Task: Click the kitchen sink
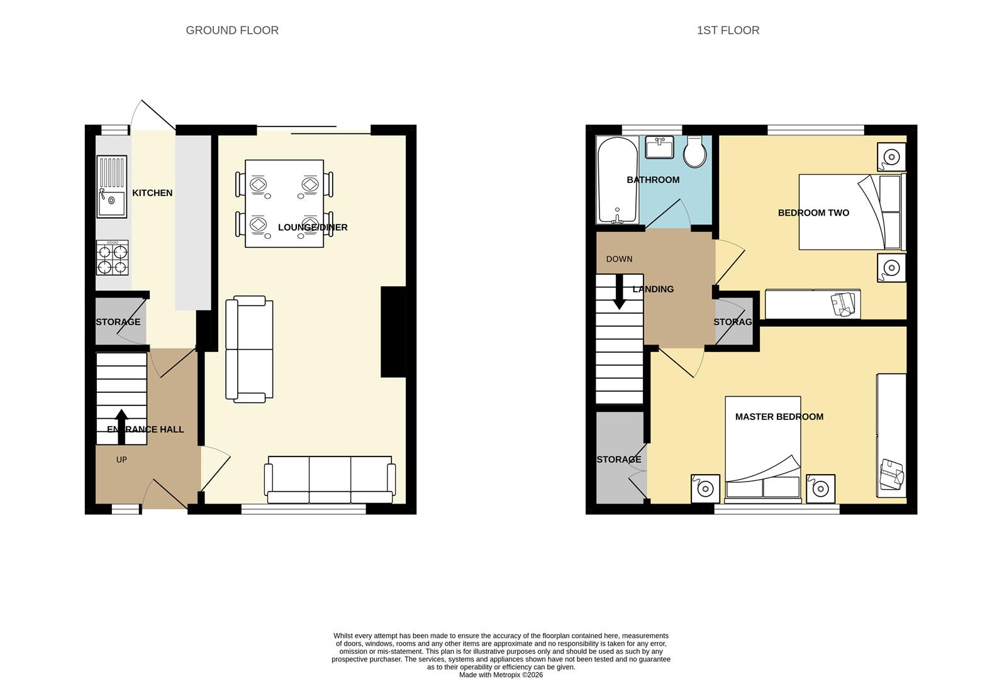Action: click(112, 187)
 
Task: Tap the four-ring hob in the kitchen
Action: click(112, 258)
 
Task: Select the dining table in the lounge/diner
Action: click(284, 203)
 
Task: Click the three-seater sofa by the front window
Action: click(330, 480)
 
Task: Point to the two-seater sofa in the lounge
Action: click(249, 350)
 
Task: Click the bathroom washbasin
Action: click(659, 147)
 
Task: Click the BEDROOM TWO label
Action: click(813, 213)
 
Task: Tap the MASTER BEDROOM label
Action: click(779, 416)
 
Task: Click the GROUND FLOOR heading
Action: click(232, 30)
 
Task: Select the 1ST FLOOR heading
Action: click(728, 30)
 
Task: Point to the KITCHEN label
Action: click(152, 193)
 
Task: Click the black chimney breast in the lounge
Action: click(393, 331)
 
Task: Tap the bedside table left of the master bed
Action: click(705, 488)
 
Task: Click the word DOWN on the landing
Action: click(619, 259)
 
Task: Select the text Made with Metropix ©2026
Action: click(501, 675)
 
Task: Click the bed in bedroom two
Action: click(849, 212)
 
